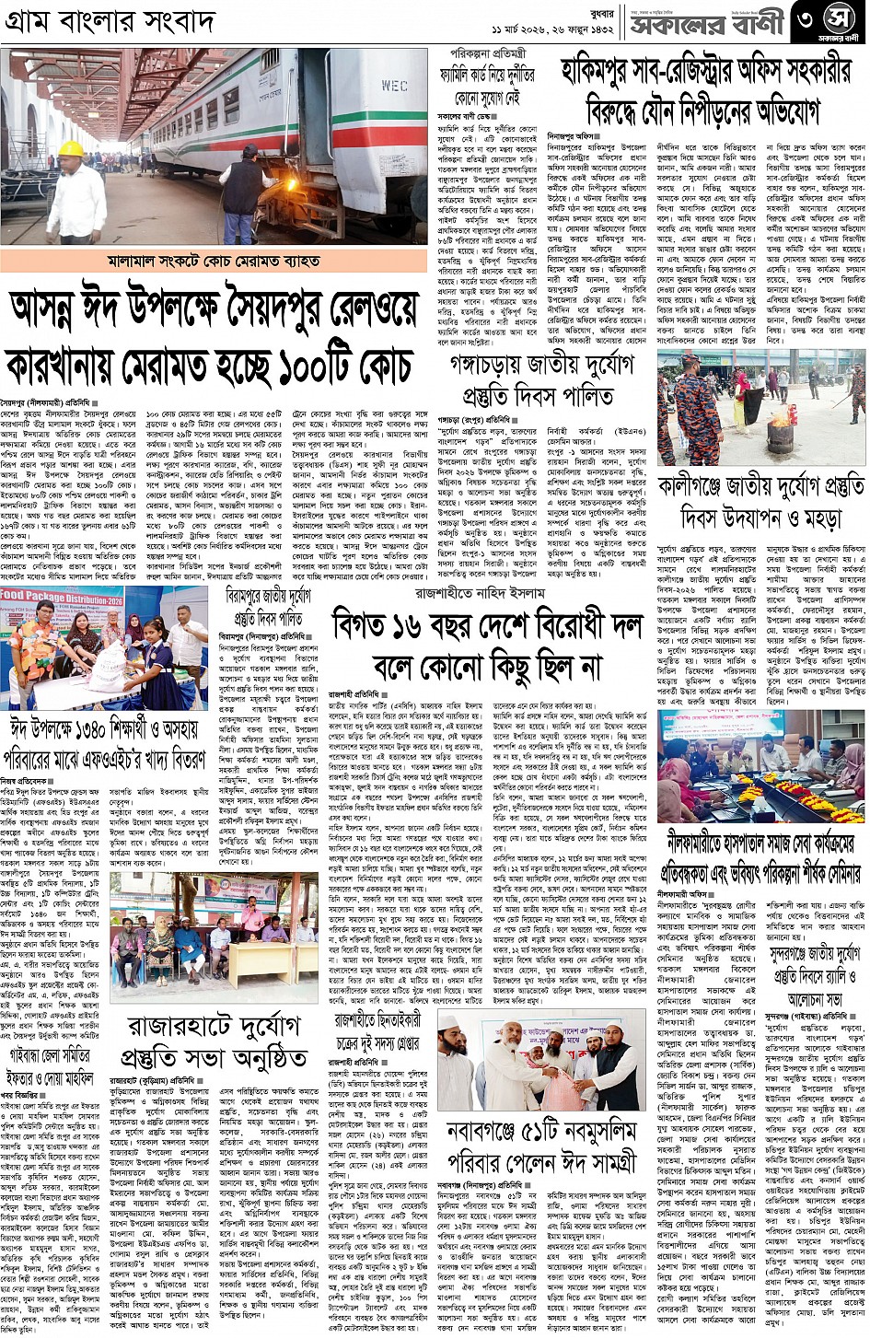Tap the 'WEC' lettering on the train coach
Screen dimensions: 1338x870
click(x=394, y=87)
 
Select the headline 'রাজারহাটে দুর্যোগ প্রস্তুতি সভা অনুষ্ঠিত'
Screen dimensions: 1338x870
click(x=216, y=1041)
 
